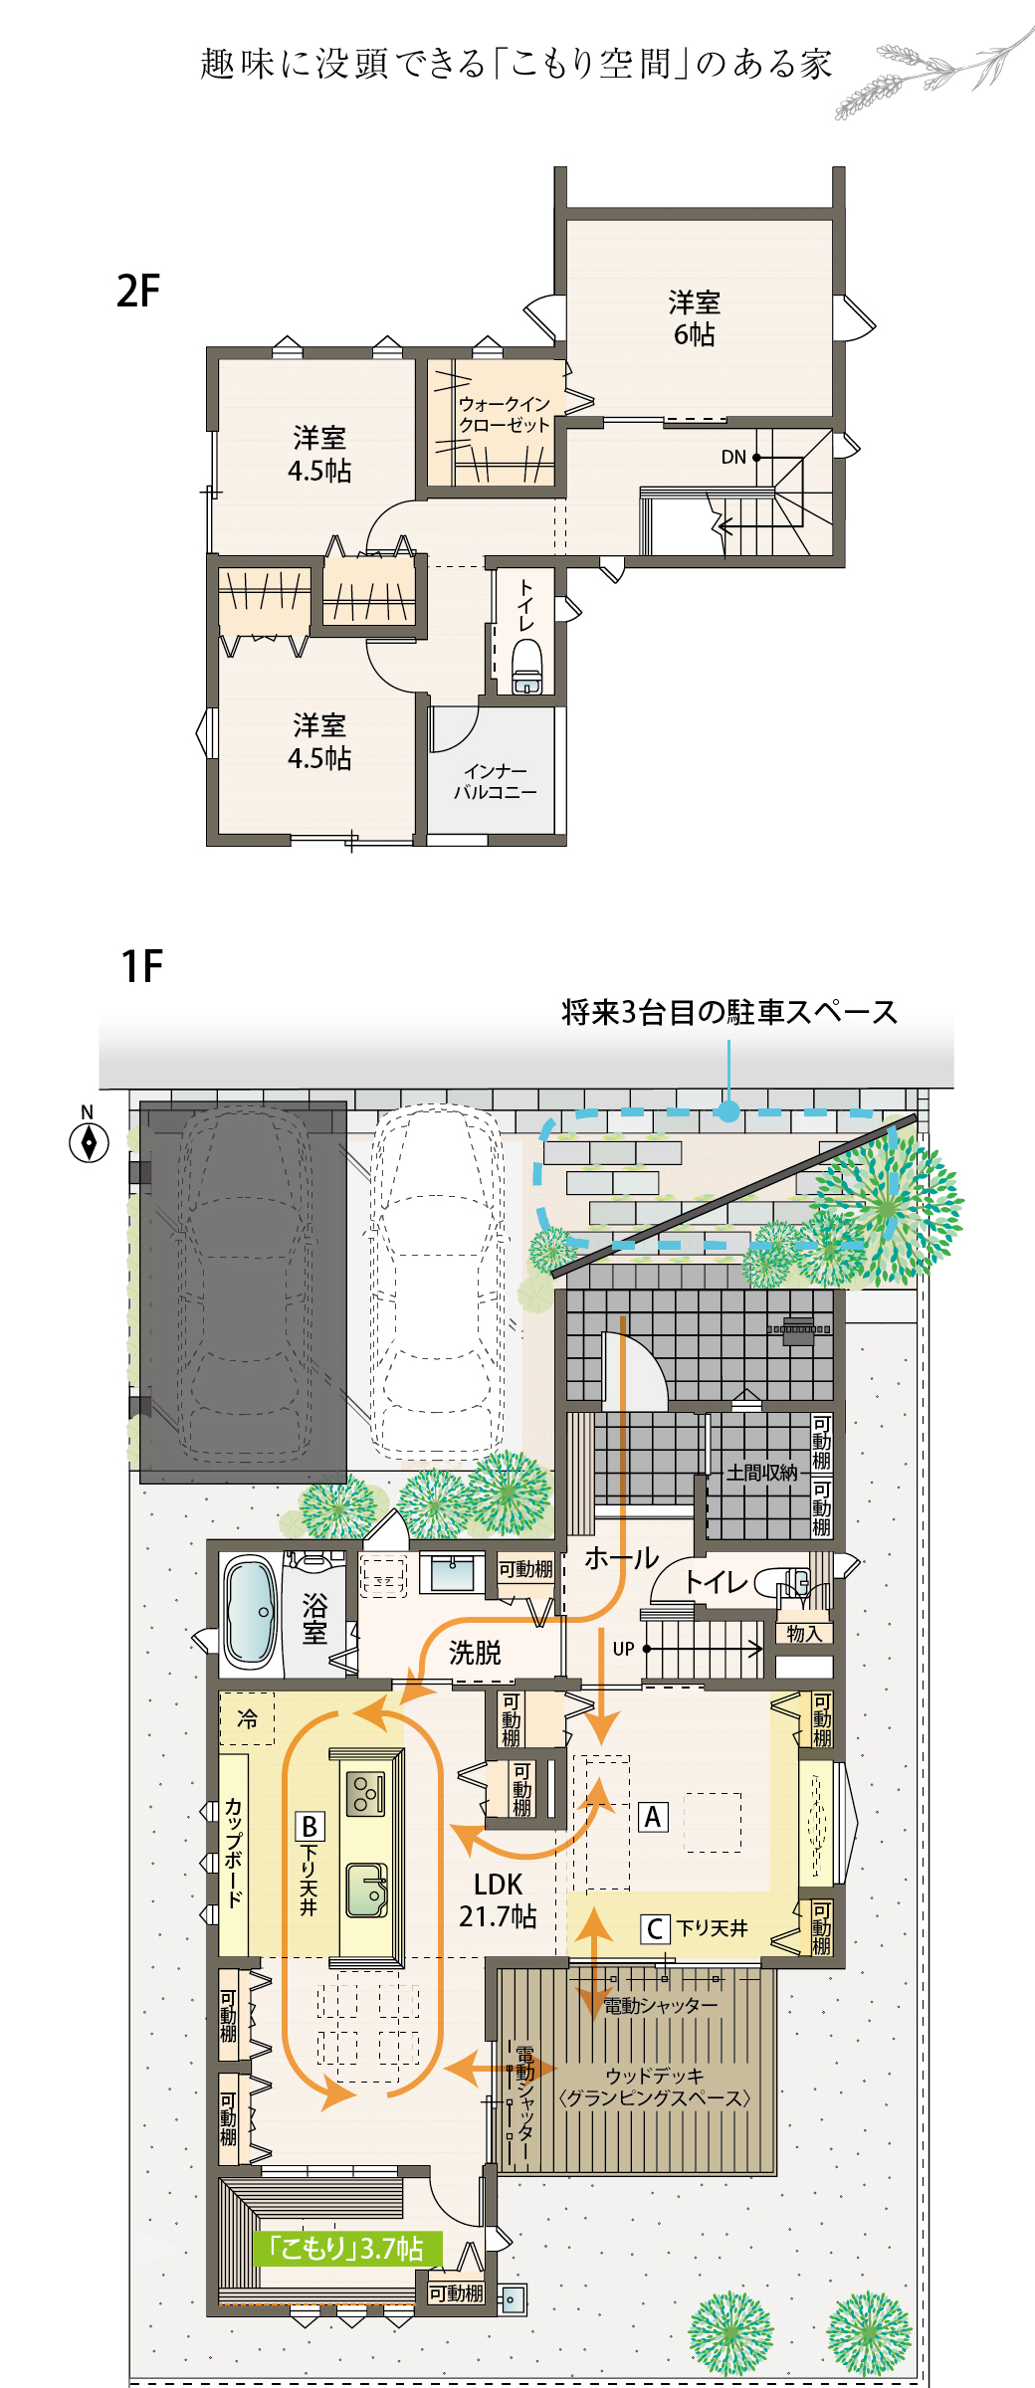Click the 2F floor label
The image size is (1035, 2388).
pyautogui.click(x=138, y=291)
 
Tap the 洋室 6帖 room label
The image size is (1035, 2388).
pyautogui.click(x=694, y=318)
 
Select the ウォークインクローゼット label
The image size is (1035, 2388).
pyautogui.click(x=504, y=414)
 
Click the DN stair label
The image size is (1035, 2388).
pyautogui.click(x=733, y=458)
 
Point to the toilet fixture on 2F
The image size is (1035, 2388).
pyautogui.click(x=526, y=666)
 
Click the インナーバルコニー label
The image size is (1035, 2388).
pyautogui.click(x=496, y=782)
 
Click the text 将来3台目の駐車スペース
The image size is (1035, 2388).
pyautogui.click(x=729, y=1012)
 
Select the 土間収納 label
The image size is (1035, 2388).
pyautogui.click(x=761, y=1473)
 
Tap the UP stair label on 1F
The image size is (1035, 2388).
pyautogui.click(x=623, y=1649)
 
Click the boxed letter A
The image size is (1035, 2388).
pyautogui.click(x=653, y=1817)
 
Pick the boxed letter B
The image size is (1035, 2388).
pyautogui.click(x=310, y=1827)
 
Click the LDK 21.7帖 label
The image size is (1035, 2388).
pyautogui.click(x=498, y=1900)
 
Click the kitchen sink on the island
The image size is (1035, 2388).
pyautogui.click(x=366, y=1890)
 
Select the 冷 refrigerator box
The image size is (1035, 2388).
pyautogui.click(x=247, y=1718)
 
